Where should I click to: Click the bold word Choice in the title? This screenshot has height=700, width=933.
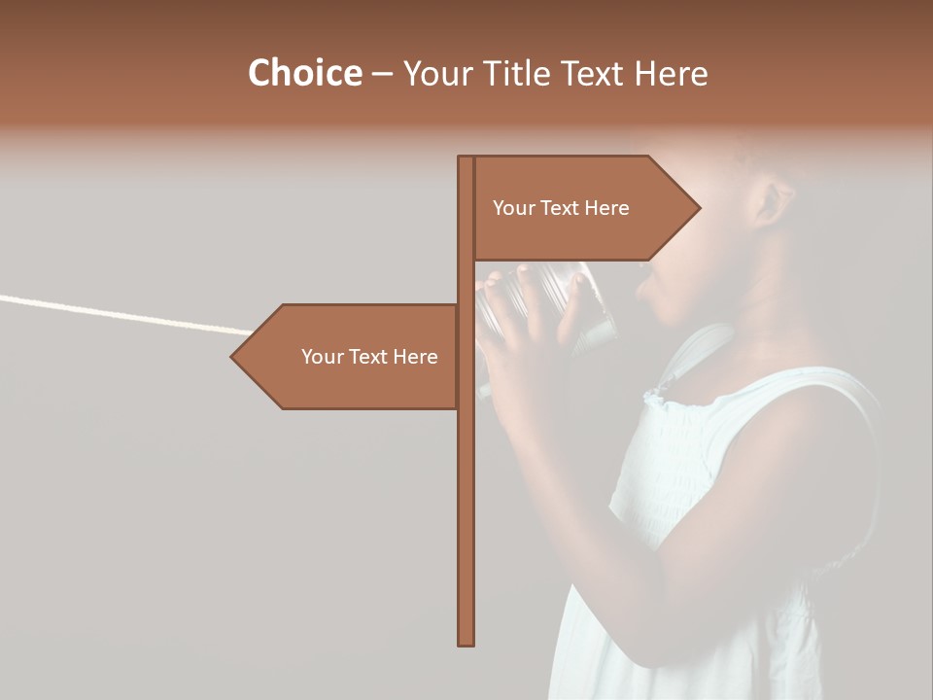click(304, 73)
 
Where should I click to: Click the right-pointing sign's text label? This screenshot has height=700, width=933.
click(561, 208)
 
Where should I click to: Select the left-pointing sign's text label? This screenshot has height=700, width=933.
click(369, 357)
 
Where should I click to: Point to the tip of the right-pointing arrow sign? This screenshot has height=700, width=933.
click(698, 207)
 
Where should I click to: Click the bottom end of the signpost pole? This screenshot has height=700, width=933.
click(466, 643)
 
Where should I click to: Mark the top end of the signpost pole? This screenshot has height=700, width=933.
click(466, 157)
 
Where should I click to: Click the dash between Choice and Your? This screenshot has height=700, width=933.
click(382, 74)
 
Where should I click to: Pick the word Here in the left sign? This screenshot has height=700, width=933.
click(416, 357)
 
